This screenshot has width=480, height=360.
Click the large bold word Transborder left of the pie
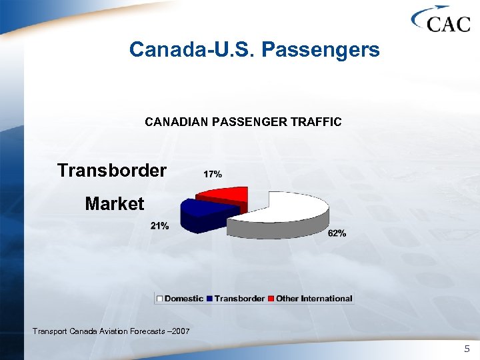[112, 171]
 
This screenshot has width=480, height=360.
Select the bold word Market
[114, 203]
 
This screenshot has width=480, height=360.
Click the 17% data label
[212, 174]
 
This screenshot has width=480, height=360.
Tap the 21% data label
[159, 226]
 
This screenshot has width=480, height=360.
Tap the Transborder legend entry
[239, 299]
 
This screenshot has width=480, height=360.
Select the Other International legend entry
[313, 299]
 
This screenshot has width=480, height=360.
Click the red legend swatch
[271, 299]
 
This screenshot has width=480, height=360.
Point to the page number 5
[467, 349]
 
